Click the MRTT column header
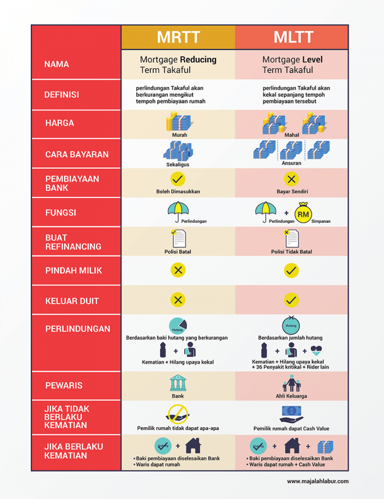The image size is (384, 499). (178, 37)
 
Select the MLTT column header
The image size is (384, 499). (293, 37)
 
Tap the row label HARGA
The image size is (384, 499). (60, 123)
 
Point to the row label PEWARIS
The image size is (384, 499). (64, 385)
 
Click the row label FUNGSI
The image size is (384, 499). (60, 213)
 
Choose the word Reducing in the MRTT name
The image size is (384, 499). (198, 60)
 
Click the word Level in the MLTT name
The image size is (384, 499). (312, 60)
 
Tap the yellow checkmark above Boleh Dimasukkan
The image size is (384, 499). (178, 179)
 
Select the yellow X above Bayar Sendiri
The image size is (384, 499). (291, 179)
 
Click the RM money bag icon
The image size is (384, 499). (303, 213)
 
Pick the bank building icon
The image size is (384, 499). (178, 383)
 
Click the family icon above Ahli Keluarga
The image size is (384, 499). (291, 383)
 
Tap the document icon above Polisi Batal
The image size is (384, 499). (178, 239)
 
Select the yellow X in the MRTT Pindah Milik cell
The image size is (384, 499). (178, 270)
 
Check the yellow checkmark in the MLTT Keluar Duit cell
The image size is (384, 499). (291, 300)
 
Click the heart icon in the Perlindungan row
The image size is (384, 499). (316, 350)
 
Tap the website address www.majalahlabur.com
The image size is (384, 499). (318, 481)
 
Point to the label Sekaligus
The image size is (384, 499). (178, 165)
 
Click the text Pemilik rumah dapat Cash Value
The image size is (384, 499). (291, 428)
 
